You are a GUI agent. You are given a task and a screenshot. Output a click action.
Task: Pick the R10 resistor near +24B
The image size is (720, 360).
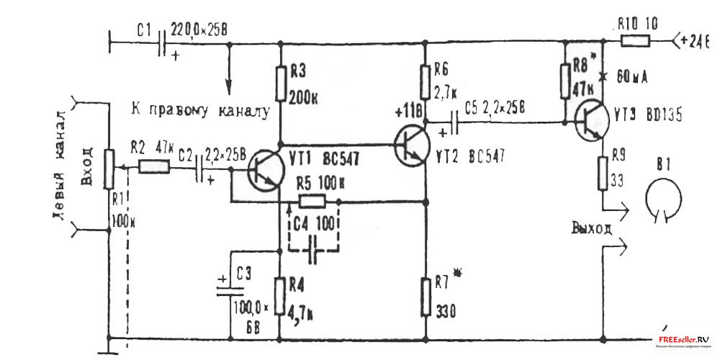point(634,41)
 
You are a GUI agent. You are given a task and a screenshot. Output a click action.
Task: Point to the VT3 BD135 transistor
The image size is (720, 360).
point(593,123)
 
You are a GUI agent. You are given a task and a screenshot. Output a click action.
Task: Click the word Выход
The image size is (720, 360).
point(593,229)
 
